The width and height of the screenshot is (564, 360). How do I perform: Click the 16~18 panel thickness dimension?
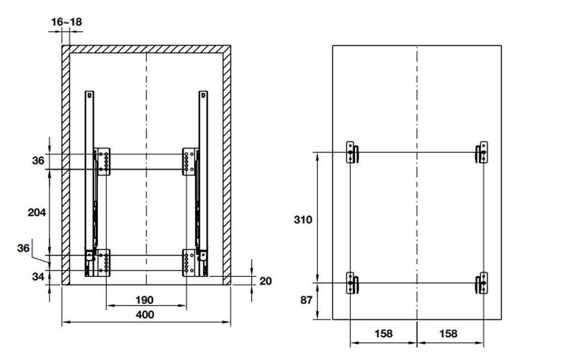pos(67,22)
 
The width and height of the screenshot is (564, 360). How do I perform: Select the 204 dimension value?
pos(37,212)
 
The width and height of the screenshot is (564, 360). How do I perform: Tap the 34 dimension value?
pos(38,276)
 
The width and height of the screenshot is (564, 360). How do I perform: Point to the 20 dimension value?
pos(265,281)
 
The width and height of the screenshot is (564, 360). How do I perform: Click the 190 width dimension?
pos(145,300)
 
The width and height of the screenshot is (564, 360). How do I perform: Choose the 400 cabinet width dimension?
pos(145,315)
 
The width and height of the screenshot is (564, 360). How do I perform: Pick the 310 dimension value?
pos(303,220)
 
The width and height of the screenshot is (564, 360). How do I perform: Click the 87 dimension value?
pos(306,300)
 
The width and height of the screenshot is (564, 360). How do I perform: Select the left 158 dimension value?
pos(383,334)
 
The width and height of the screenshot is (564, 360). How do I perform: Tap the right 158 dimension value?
pos(448,334)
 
